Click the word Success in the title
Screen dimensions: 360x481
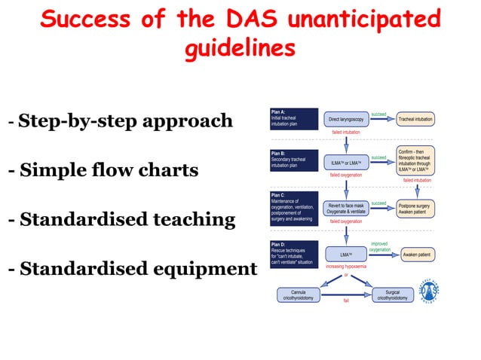coord(85,20)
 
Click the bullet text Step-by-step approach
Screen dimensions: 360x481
coord(126,121)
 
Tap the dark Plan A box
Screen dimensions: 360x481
coord(293,118)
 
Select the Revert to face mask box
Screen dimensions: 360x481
coord(345,208)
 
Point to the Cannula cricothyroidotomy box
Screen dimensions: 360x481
coord(298,295)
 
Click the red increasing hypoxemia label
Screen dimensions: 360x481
coord(347,267)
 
